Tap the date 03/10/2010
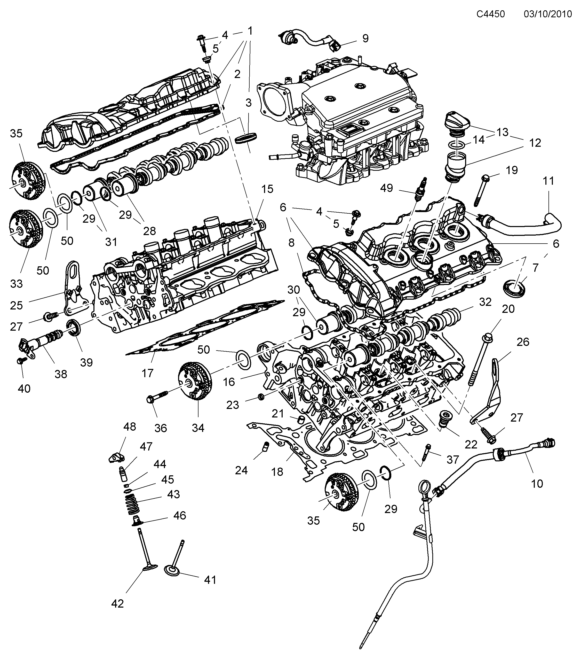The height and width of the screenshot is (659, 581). pyautogui.click(x=547, y=14)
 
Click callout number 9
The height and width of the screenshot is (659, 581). pyautogui.click(x=365, y=38)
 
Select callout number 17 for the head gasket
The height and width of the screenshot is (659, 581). pyautogui.click(x=147, y=373)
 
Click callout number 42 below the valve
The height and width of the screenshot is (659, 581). pyautogui.click(x=117, y=603)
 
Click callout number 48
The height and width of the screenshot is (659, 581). pyautogui.click(x=130, y=427)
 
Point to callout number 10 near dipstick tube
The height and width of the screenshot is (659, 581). pyautogui.click(x=537, y=484)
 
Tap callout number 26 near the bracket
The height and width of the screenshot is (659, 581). pyautogui.click(x=522, y=342)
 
